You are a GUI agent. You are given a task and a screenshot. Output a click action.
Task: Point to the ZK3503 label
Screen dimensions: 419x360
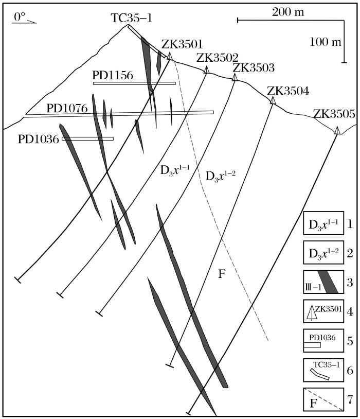(x=254, y=68)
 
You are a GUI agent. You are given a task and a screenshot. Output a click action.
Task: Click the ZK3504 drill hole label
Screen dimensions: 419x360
(x=289, y=92)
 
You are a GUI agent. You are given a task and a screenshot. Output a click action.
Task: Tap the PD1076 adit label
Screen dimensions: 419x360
(x=67, y=109)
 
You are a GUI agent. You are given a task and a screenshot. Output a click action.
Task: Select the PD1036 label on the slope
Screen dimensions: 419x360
(x=39, y=138)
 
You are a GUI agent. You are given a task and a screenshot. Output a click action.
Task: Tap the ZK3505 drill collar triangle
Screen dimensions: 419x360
(x=337, y=130)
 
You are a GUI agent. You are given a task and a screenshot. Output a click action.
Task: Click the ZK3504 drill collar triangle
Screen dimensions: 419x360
(x=273, y=100)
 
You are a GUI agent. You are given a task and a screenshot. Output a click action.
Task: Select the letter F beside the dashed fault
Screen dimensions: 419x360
(x=222, y=273)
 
